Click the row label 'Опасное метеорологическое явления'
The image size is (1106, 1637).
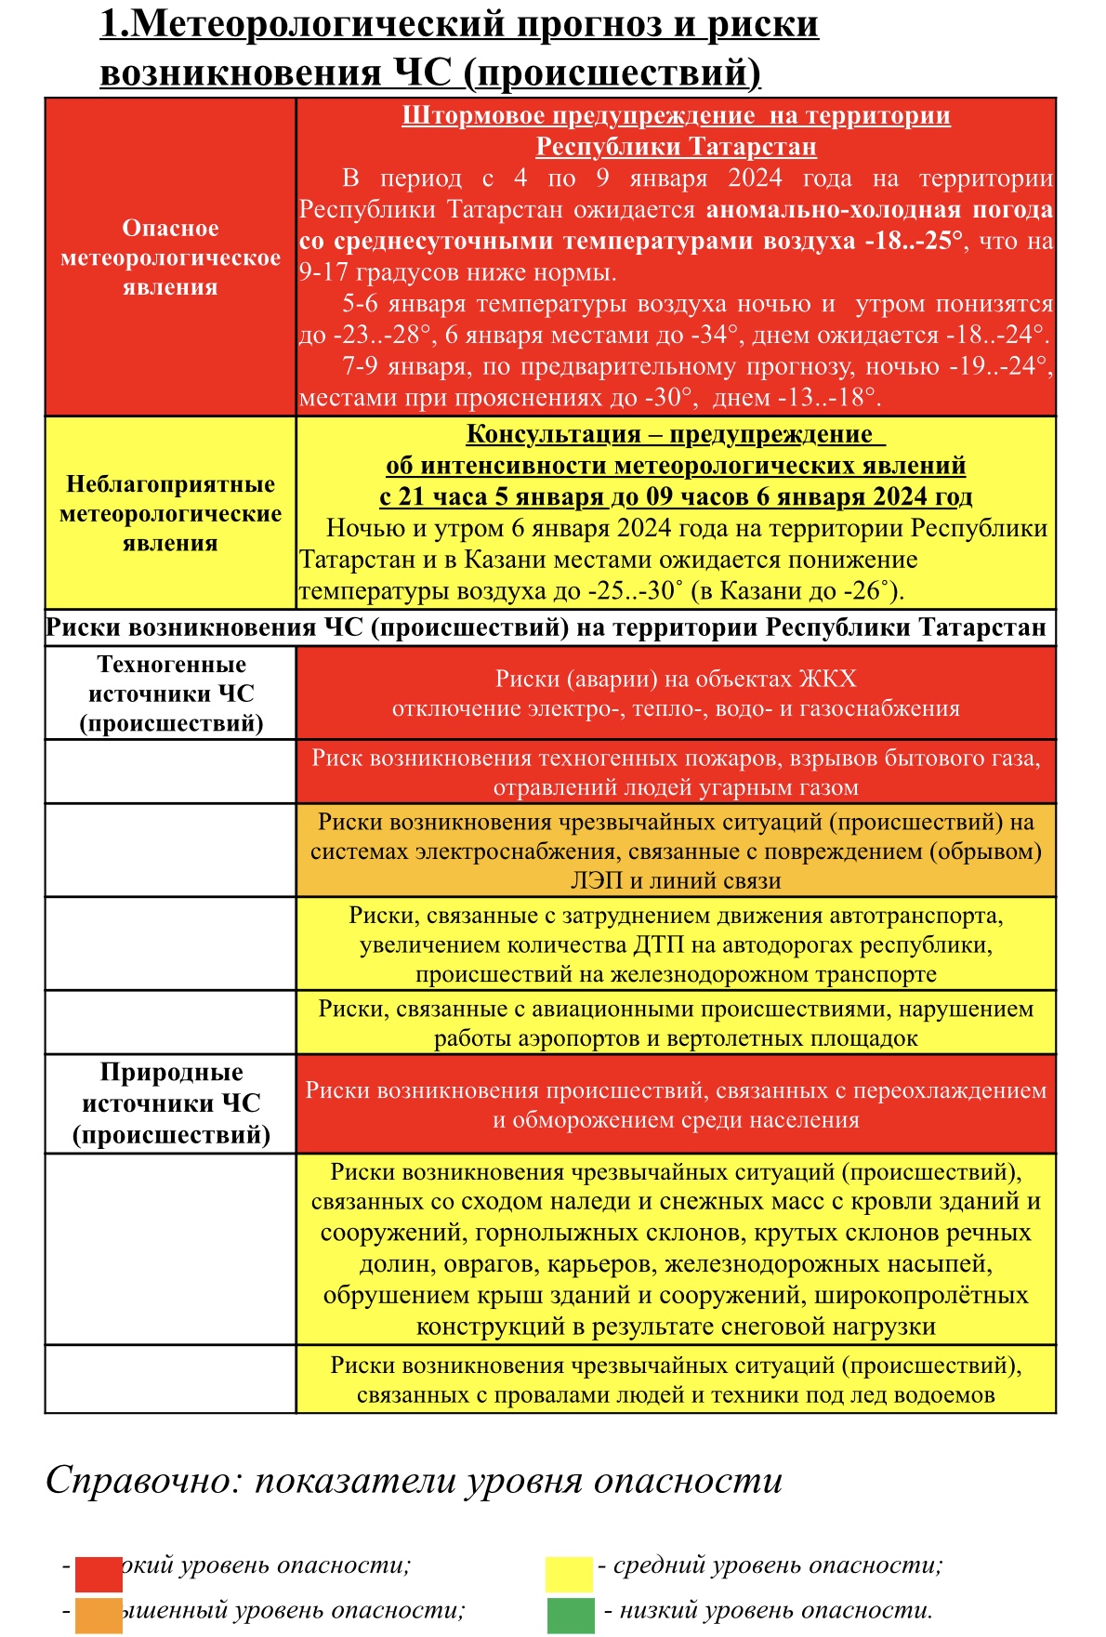(x=170, y=257)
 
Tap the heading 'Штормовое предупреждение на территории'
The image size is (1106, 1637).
(x=676, y=115)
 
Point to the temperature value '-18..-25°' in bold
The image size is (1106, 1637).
(x=914, y=241)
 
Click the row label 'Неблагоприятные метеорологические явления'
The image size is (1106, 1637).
(x=170, y=513)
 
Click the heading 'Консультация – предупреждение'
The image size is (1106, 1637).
(x=669, y=434)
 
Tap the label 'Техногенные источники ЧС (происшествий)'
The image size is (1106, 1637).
(x=171, y=693)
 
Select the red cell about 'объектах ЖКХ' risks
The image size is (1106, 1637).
(x=676, y=693)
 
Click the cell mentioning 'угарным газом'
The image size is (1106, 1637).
(x=676, y=772)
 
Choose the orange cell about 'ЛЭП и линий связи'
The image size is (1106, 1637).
(x=676, y=851)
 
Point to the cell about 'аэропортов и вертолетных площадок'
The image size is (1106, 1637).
(x=676, y=1023)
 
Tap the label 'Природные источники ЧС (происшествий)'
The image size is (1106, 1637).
(x=171, y=1103)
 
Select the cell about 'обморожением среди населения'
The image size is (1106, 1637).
(x=676, y=1105)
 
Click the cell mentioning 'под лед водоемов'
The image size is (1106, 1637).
(x=676, y=1380)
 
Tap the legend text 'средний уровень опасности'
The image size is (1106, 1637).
(x=777, y=1565)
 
